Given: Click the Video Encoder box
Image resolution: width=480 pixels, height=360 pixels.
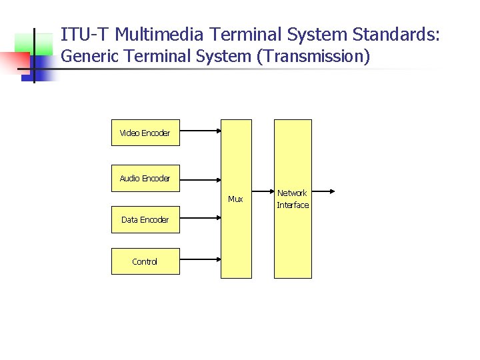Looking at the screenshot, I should click(x=145, y=133).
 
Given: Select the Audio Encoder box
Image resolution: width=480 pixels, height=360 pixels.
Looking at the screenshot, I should click(x=145, y=178).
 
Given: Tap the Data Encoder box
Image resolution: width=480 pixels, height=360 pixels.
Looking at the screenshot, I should click(x=145, y=219).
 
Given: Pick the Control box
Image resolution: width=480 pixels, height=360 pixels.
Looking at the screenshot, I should click(x=145, y=261).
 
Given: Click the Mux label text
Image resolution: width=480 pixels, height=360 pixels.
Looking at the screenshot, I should click(x=235, y=199).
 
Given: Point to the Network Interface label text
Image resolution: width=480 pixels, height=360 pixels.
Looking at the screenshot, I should click(x=293, y=199).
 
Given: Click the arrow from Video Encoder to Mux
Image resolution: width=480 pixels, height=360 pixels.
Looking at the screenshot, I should click(x=200, y=133).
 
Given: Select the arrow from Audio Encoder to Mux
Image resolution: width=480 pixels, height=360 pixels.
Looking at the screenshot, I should click(x=200, y=179).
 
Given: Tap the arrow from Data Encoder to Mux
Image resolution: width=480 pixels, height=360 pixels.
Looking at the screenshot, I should click(x=200, y=216).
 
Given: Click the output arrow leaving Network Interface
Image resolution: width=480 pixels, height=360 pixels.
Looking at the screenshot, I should click(x=323, y=191).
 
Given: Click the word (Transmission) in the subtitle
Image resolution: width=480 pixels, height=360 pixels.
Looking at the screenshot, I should click(x=313, y=57).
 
